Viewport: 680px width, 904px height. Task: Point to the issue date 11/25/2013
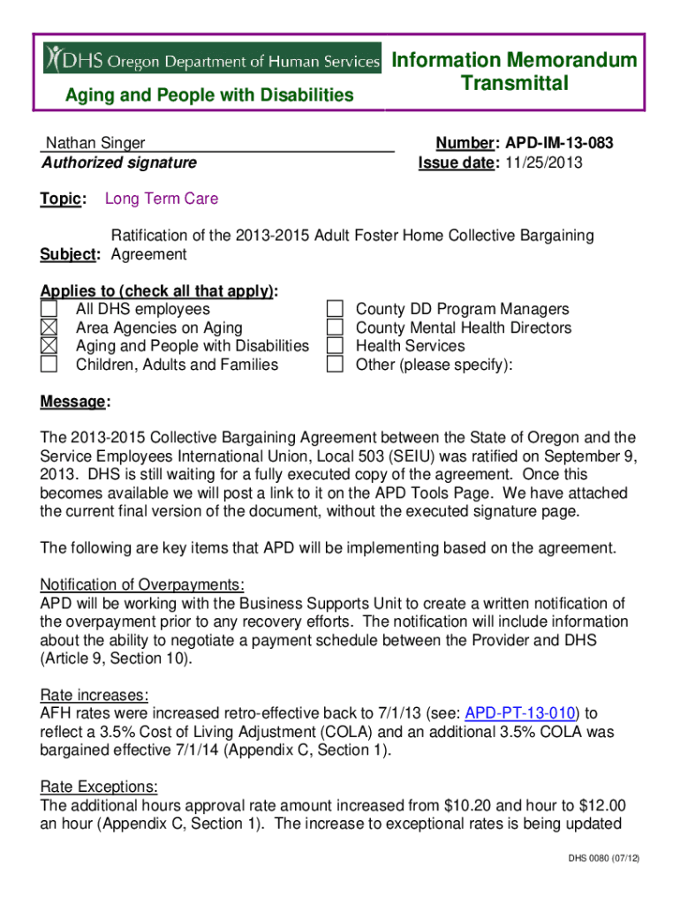coord(544,162)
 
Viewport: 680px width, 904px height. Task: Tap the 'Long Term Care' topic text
coord(161,199)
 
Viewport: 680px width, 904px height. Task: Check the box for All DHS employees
coord(49,309)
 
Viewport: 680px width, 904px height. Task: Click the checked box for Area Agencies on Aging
coord(49,328)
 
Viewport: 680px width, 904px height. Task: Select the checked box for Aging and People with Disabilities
coord(49,346)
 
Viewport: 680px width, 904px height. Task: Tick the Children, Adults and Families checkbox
coord(49,365)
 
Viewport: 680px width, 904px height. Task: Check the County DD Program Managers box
coord(335,309)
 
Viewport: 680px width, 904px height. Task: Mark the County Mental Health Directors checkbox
coord(335,328)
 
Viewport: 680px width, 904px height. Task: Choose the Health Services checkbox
coord(335,346)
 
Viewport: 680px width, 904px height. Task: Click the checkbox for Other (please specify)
coord(335,365)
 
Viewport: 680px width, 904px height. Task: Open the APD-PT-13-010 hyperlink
coord(520,712)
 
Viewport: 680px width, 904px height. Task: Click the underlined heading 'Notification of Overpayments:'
coord(142,585)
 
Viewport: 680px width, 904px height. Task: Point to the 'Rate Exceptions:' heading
coord(100,787)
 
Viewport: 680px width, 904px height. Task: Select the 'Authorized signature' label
coord(119,162)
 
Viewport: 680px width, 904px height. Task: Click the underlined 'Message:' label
coord(75,402)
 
